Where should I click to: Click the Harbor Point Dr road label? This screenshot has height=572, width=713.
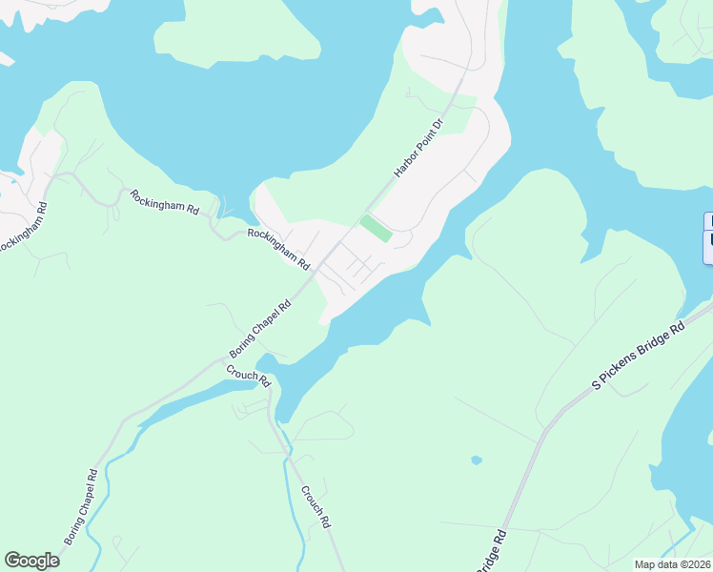point(419,149)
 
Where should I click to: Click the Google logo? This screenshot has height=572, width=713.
point(31,561)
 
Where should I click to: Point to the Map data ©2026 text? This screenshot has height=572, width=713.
point(672,564)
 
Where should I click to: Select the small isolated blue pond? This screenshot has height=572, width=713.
point(476,460)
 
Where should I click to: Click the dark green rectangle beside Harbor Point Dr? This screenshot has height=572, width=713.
point(376,229)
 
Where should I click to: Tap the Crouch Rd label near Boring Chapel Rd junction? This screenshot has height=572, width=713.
point(249,376)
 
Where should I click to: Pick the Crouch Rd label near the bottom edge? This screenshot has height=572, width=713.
point(316,507)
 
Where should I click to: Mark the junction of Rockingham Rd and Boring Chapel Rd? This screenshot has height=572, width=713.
point(316,272)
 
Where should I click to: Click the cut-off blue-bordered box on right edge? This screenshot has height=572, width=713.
point(707,237)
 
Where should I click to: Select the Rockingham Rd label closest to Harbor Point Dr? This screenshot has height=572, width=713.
point(279,248)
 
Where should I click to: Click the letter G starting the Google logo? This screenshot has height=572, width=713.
point(12,561)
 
